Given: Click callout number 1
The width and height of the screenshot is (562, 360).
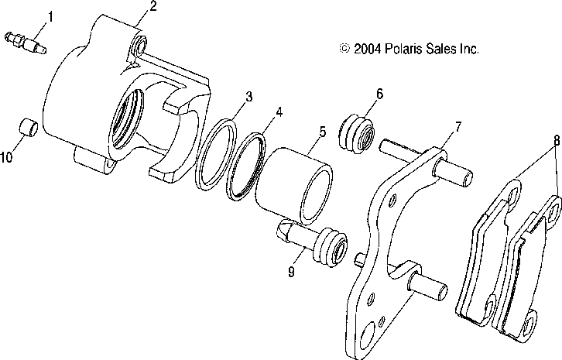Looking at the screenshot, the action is pyautogui.click(x=30, y=15).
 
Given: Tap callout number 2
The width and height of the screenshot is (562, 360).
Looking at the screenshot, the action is pyautogui.click(x=152, y=7).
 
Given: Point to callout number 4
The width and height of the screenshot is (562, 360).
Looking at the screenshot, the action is pyautogui.click(x=278, y=111).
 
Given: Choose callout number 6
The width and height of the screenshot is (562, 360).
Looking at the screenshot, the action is pyautogui.click(x=379, y=94).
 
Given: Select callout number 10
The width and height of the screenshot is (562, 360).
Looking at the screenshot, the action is pyautogui.click(x=8, y=157).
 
